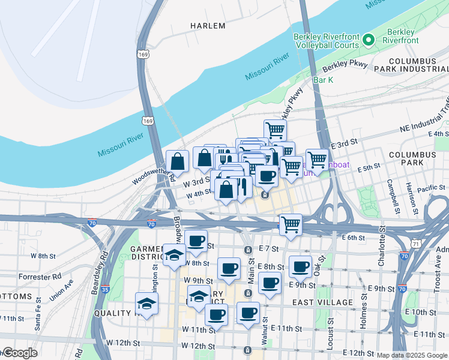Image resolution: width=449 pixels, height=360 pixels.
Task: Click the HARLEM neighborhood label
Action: click(x=208, y=26)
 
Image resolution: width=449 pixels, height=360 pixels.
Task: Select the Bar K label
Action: click(x=323, y=80)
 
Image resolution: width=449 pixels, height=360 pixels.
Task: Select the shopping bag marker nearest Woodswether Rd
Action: click(x=178, y=161)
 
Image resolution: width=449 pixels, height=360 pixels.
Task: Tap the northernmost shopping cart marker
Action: click(x=274, y=129)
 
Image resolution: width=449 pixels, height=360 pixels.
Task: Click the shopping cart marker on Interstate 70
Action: click(x=291, y=225)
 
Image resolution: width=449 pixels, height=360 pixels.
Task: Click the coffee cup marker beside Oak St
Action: click(x=301, y=266)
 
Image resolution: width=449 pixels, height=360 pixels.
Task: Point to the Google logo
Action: click(x=19, y=353)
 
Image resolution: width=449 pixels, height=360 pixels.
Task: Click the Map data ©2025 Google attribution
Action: click(x=412, y=355)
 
